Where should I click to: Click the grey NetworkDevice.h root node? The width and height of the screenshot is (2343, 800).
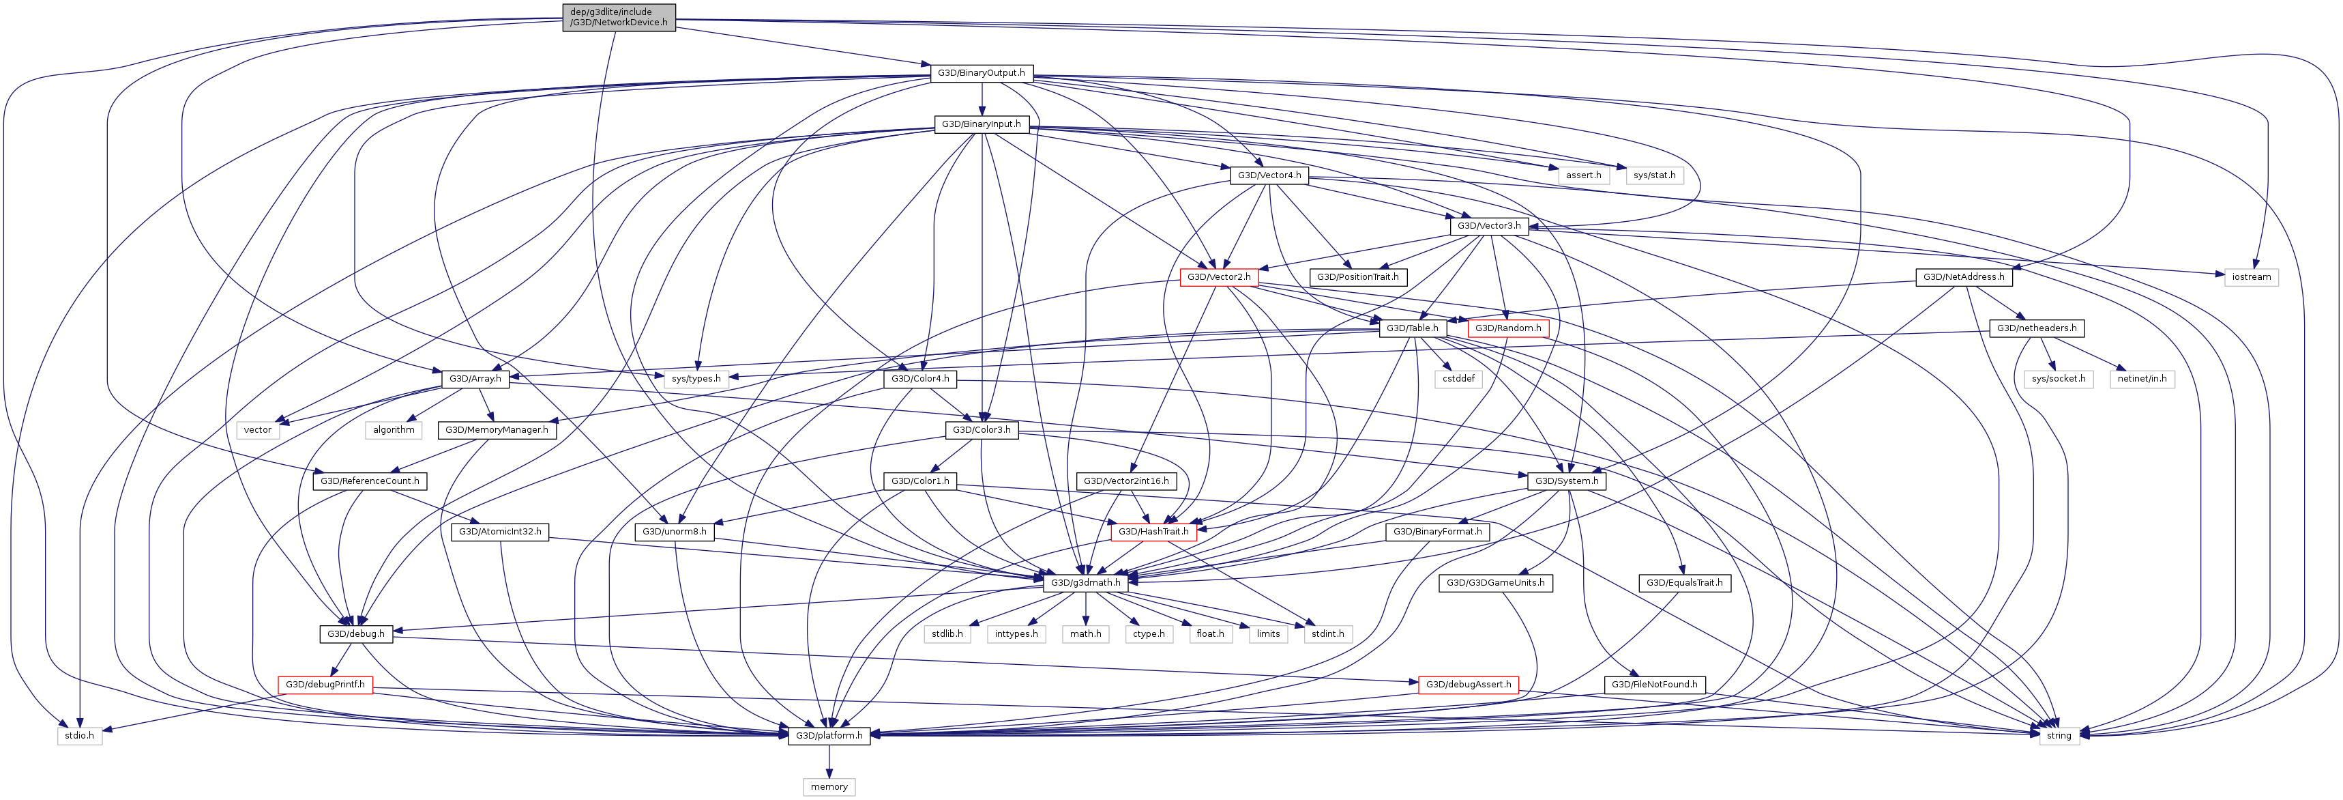pos(619,17)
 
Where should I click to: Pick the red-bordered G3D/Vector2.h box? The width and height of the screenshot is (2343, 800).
pos(1219,276)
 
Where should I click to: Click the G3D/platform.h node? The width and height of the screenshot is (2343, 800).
pos(829,735)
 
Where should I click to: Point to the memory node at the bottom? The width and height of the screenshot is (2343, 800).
pos(829,786)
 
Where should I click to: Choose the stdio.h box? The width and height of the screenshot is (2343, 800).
pos(79,735)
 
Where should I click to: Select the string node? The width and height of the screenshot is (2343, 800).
pos(2059,735)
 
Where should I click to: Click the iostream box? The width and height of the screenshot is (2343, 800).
pos(2250,276)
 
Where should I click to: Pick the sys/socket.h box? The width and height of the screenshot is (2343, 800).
pos(2059,379)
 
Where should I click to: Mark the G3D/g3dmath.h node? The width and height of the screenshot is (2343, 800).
pos(1085,582)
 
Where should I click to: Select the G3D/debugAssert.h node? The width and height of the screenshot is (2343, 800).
pos(1468,685)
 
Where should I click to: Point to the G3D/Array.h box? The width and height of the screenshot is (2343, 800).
pos(475,379)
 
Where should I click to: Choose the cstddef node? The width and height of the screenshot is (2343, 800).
pos(1458,379)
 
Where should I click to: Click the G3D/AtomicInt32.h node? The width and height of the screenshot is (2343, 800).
pos(499,532)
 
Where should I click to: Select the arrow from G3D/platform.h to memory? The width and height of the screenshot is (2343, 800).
pos(829,761)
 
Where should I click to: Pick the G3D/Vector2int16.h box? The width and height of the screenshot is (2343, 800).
pos(1126,481)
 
